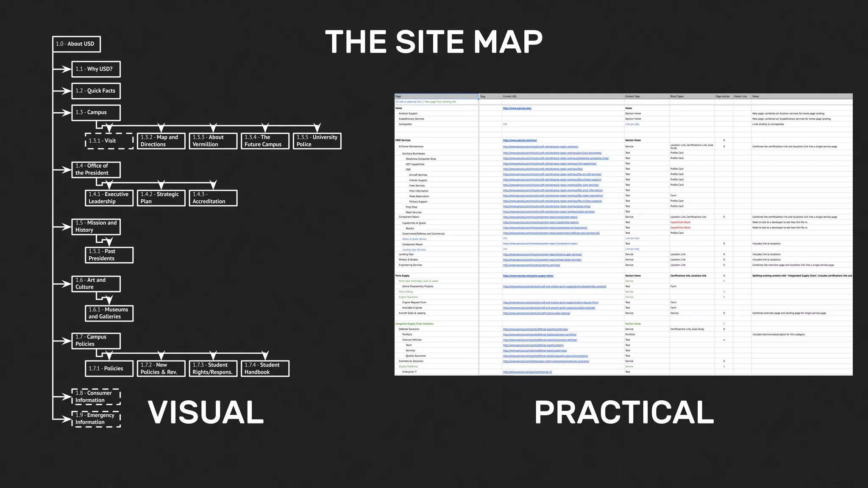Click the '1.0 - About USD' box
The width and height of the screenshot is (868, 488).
(x=76, y=44)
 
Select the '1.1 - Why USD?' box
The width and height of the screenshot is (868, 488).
(x=96, y=69)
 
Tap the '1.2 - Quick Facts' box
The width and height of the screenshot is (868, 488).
(x=96, y=91)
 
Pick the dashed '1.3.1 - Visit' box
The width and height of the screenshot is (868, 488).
(x=109, y=141)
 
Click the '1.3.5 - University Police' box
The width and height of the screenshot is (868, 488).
(x=317, y=141)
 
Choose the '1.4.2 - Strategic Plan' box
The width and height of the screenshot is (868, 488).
(x=161, y=198)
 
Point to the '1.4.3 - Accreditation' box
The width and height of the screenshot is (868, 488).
(x=213, y=198)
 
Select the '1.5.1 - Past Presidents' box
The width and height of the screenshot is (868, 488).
(x=109, y=255)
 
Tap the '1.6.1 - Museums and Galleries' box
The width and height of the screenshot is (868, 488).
(x=109, y=313)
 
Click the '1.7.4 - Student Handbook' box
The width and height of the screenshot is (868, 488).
(x=265, y=369)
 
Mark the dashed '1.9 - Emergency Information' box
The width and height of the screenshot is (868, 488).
(x=96, y=419)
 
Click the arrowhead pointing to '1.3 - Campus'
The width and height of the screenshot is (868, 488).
(x=66, y=113)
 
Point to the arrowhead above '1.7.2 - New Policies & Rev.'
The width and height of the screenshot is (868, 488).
(x=161, y=355)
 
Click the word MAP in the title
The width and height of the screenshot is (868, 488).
(x=508, y=42)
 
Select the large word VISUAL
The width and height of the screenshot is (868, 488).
(x=206, y=412)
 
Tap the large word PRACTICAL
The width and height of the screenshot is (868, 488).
(x=624, y=412)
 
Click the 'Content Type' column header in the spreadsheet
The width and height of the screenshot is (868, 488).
(x=632, y=97)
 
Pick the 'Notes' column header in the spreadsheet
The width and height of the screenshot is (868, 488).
(x=756, y=97)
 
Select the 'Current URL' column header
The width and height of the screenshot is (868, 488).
(x=510, y=97)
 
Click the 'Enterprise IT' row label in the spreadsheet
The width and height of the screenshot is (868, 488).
(x=409, y=372)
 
